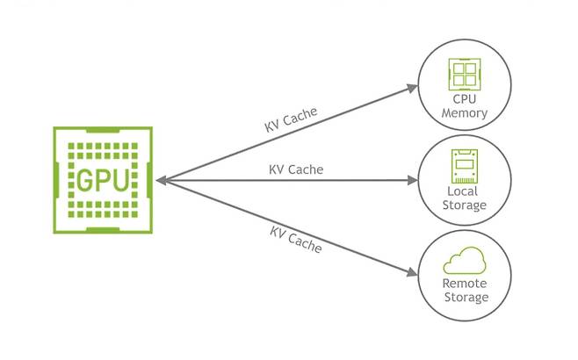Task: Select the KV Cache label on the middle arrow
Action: coord(296,169)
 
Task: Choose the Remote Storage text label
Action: coord(464,291)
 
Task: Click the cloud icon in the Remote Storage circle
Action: coord(464,261)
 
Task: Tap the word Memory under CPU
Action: coord(465,113)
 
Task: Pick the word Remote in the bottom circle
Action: coord(464,284)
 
